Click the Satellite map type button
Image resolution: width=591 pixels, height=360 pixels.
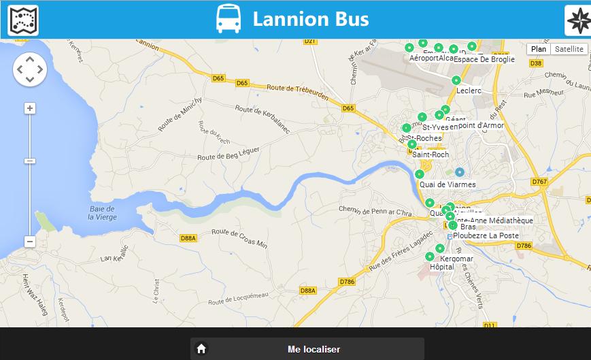coord(569,49)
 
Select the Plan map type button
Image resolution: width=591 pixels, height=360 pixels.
coord(539,49)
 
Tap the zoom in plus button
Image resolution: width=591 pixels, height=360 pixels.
coord(30,108)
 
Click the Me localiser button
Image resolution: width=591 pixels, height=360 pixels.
coord(314,349)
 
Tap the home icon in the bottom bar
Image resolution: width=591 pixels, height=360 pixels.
coord(201,349)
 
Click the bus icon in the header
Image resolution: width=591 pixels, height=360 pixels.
coord(228,19)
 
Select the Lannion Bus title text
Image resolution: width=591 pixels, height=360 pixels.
coord(311,19)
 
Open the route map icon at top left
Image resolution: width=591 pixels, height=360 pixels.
coord(23,20)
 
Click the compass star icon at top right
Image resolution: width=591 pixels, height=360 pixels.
coord(577,20)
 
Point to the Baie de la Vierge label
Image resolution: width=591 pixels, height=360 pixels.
coord(102,213)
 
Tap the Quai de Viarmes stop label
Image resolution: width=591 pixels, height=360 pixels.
coord(448,184)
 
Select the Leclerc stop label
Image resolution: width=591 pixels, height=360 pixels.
coord(469,91)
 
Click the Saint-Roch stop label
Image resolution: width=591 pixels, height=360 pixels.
coord(430,154)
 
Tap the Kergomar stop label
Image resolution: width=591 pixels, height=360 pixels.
coord(456,259)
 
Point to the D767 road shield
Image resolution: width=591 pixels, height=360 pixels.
coord(539,182)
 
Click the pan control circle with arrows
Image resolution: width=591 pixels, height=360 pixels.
coord(30,69)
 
